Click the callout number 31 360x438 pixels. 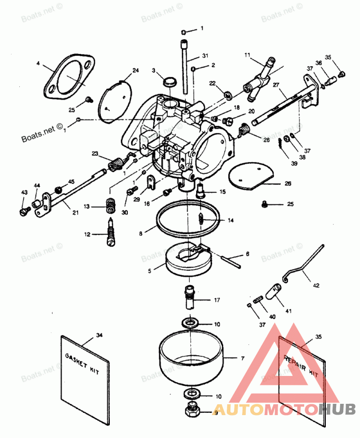[205, 56]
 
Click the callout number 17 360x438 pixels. [216, 299]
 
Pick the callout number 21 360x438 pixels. [75, 212]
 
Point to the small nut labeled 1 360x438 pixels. [184, 32]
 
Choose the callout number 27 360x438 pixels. [276, 85]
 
